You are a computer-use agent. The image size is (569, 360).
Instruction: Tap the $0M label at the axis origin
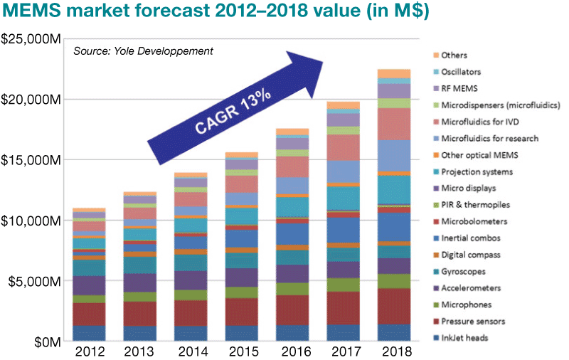coord(42,342)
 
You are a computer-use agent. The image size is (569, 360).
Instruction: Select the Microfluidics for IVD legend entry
coord(477,122)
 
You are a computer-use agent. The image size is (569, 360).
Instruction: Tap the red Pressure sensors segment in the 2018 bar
coord(394,306)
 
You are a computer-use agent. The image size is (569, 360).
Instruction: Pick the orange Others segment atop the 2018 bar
coord(394,73)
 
